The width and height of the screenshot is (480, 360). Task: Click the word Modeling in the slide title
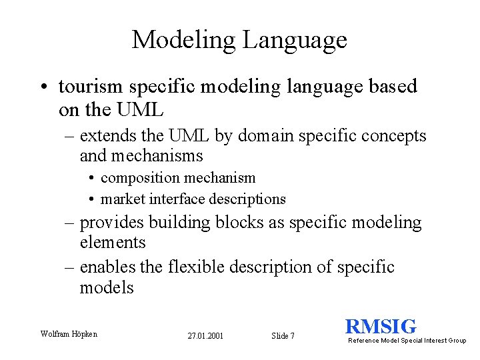point(184,40)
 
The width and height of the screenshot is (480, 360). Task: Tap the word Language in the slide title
point(295,40)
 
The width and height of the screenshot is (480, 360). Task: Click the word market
point(123,199)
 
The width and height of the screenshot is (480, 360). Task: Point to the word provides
point(111,223)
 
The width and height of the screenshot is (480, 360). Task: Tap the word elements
point(112,243)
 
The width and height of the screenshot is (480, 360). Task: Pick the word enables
point(107,267)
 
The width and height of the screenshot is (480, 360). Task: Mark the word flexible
point(196,267)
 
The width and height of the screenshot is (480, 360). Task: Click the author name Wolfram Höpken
point(69,333)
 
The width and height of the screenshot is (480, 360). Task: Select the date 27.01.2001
point(205,335)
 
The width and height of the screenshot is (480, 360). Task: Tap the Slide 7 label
point(283,335)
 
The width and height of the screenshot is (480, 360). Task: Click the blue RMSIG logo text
point(381,327)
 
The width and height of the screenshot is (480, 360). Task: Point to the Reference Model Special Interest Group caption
point(407,341)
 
